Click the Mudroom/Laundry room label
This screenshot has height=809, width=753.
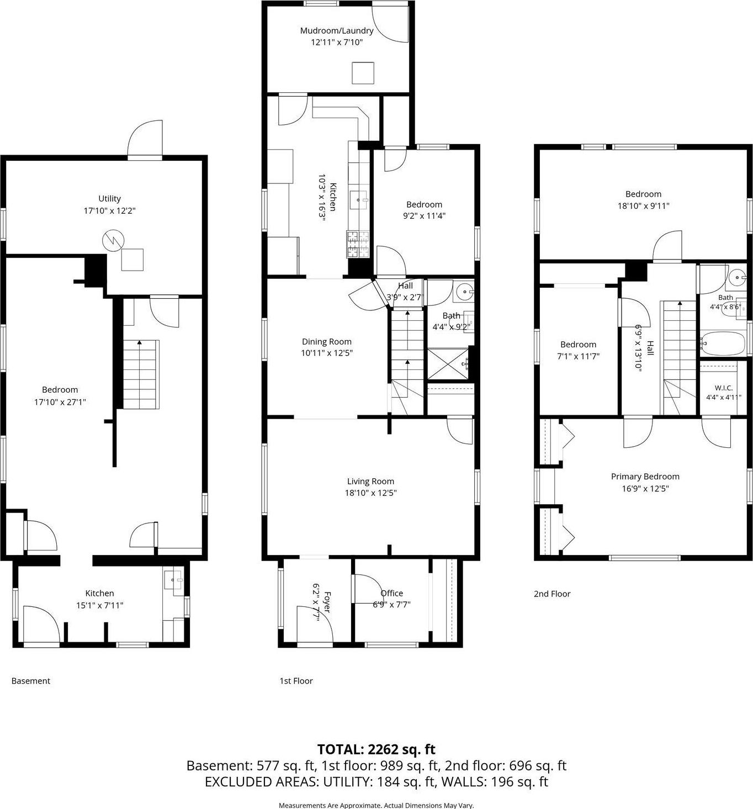pos(337,31)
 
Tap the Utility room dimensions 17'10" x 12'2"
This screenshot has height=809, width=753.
pos(109,210)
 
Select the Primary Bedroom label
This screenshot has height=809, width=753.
pos(645,477)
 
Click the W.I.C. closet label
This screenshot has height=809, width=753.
pos(723,388)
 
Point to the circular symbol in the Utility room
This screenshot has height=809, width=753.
pos(113,241)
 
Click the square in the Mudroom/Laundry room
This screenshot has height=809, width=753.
pos(363,72)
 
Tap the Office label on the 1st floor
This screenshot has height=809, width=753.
pos(391,593)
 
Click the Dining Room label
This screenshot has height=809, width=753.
pos(326,341)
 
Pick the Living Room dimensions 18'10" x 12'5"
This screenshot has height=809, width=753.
pos(370,493)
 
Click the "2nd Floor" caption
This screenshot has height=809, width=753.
pos(552,594)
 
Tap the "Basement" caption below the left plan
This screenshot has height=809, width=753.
pos(31,681)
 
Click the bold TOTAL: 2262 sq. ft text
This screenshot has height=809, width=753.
pos(376,749)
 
